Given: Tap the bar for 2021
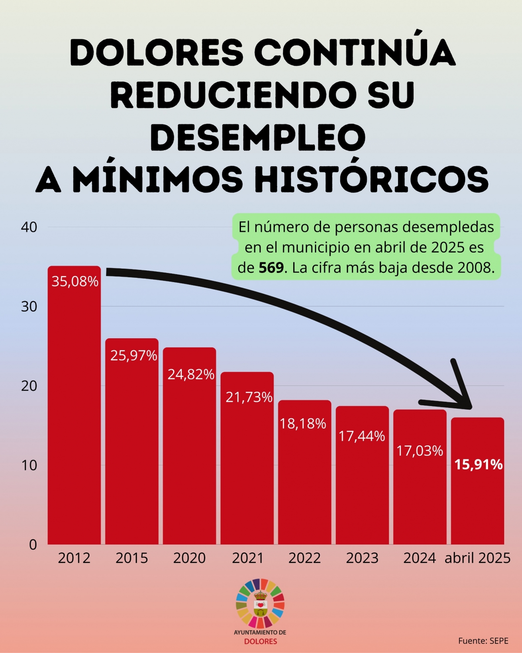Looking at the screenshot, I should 247,470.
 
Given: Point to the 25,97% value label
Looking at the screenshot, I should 134,356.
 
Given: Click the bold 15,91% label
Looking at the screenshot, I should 478,465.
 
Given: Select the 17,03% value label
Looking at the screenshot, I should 419,451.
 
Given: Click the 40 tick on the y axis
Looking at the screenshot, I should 29,227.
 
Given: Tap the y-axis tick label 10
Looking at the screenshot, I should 29,465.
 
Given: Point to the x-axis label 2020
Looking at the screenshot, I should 189,558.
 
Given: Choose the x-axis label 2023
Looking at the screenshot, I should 362,558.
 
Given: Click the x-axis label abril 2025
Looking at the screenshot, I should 477,558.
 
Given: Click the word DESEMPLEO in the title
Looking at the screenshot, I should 258,137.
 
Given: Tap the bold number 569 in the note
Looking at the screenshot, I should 271,267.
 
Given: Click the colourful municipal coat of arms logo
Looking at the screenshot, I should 260,603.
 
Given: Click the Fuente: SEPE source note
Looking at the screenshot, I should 483,641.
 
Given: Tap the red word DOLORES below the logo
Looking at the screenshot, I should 260,641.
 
